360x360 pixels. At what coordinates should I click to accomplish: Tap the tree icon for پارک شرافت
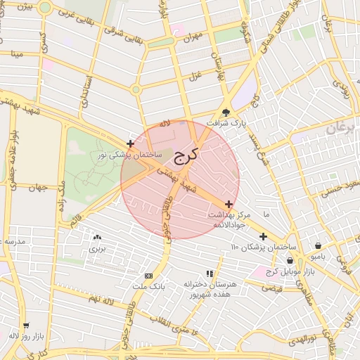pos(226,112)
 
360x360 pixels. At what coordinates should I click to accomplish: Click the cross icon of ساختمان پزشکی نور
pos(131,143)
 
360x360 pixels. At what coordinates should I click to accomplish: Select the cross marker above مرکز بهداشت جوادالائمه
pos(229,203)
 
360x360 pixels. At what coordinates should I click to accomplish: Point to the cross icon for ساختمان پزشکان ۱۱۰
pos(263,237)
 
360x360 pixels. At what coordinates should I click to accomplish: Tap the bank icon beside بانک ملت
pos(148,276)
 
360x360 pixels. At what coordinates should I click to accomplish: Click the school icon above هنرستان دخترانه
pos(210,274)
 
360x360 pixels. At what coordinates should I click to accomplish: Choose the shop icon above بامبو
pos(319,246)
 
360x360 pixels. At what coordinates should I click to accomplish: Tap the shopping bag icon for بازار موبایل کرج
pos(290,261)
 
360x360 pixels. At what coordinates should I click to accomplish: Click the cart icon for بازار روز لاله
pos(26,326)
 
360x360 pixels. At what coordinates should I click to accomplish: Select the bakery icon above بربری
pos(97,238)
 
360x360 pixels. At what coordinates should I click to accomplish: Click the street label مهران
pos(195,34)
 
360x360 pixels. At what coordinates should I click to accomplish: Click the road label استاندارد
pos(86,91)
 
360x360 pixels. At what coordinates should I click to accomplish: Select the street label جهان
pos(37,188)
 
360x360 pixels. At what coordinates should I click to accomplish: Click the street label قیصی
pos(271,288)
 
